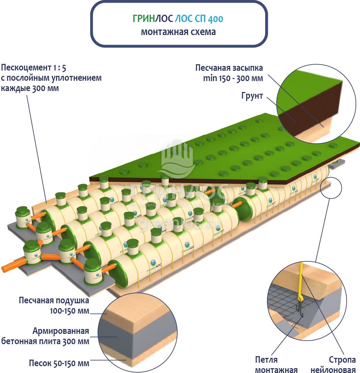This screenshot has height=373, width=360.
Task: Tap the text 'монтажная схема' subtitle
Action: click(178, 32)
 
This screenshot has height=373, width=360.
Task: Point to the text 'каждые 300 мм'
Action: click(30, 88)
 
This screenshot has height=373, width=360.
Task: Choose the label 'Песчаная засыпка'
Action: click(229, 68)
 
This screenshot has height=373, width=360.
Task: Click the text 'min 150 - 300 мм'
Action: click(233, 78)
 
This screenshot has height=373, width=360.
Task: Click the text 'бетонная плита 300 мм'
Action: click(45, 341)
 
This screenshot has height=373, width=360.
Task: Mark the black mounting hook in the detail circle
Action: click(300, 307)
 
